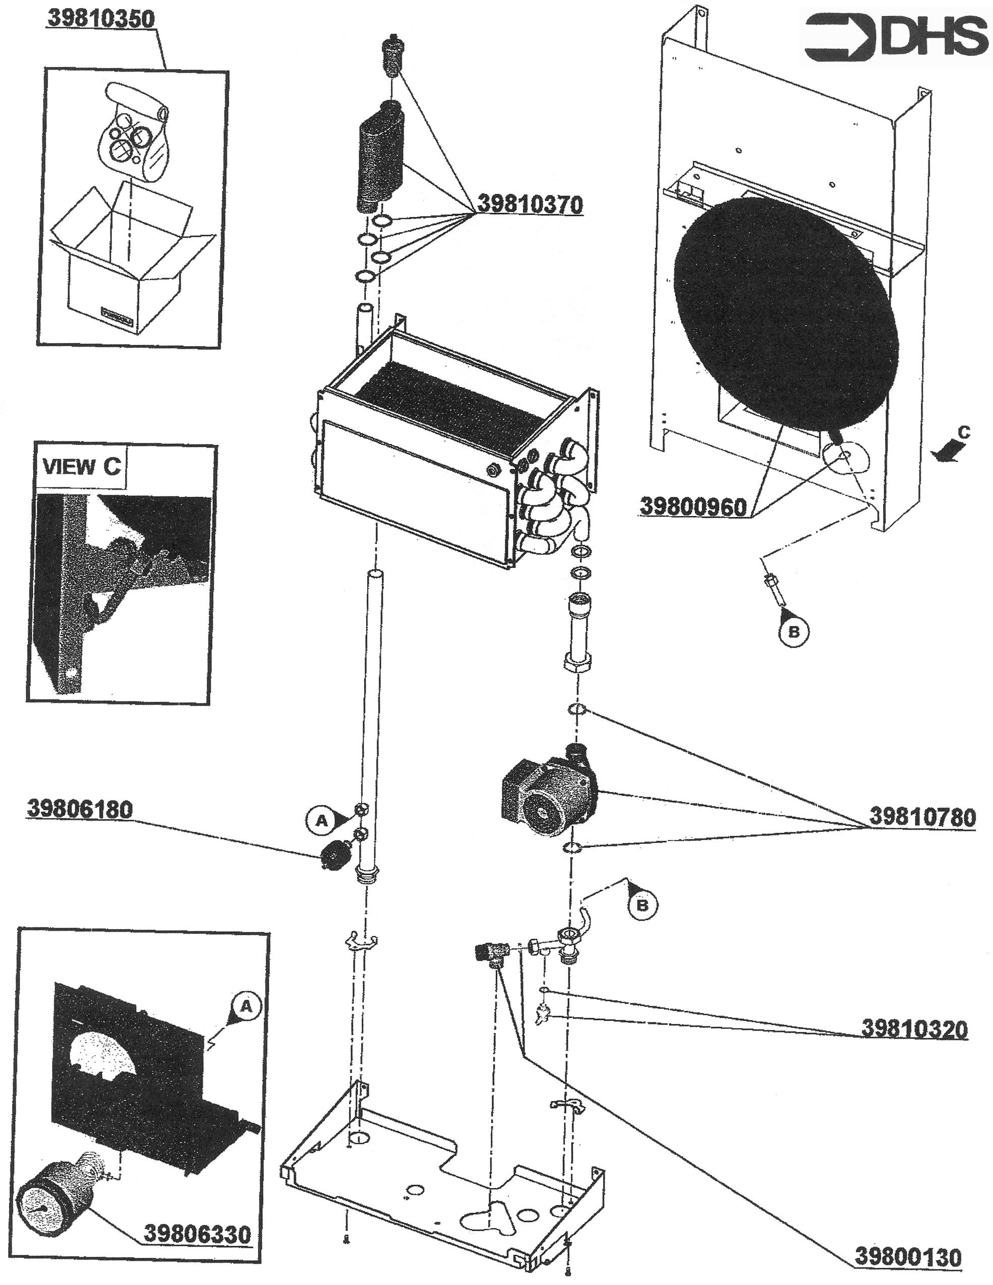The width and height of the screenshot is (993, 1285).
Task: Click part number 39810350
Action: [x=101, y=18]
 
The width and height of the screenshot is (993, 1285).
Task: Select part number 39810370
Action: [x=529, y=204]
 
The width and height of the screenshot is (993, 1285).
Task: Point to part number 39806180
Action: [x=80, y=809]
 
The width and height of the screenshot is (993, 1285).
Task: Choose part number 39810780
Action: [x=922, y=817]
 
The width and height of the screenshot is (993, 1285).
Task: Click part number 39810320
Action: [x=913, y=1029]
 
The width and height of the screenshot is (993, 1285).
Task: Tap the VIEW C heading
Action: [x=81, y=467]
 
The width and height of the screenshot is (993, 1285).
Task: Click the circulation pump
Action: [x=547, y=798]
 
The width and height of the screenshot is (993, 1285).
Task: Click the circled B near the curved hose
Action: [x=642, y=905]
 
